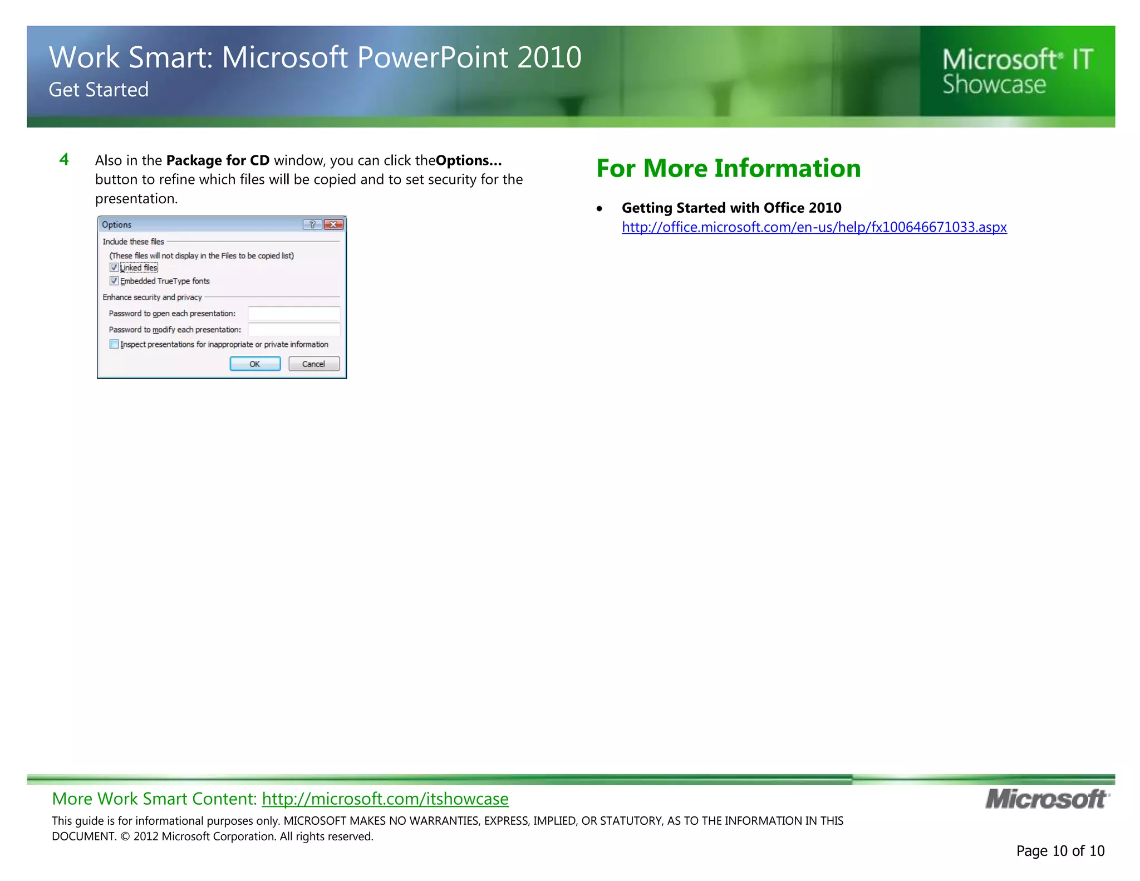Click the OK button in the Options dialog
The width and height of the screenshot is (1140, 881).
[255, 364]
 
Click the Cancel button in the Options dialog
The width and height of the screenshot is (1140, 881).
[314, 364]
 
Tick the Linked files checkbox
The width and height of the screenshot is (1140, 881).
[114, 268]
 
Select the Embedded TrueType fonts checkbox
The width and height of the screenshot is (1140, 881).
[114, 281]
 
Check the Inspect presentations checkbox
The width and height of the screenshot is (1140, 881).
[114, 344]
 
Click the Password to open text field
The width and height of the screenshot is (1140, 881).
[294, 314]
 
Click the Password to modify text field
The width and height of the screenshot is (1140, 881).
[294, 330]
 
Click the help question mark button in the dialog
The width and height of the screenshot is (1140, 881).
[312, 224]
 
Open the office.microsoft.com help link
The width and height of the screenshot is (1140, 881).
[814, 227]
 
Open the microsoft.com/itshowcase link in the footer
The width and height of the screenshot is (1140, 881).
[385, 799]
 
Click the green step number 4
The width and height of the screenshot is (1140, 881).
[64, 160]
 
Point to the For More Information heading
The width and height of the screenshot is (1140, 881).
[728, 168]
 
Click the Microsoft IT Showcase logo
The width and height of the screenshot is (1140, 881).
[1018, 71]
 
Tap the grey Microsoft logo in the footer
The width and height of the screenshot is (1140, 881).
[1047, 799]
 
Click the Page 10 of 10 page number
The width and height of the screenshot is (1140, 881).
[1060, 850]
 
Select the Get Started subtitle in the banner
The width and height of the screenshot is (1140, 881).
[99, 90]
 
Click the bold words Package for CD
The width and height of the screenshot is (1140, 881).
[218, 160]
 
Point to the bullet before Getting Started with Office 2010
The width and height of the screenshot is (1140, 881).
[599, 209]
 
